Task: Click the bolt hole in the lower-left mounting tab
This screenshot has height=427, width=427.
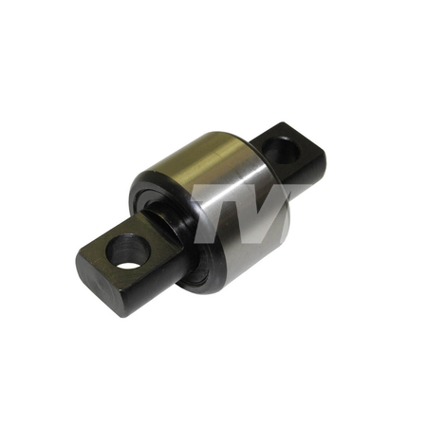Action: point(127,252)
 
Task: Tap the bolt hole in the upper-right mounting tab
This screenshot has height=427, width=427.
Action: point(281,150)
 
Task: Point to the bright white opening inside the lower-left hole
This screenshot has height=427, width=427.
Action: point(129,265)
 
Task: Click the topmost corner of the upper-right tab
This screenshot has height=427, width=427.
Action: point(283,122)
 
